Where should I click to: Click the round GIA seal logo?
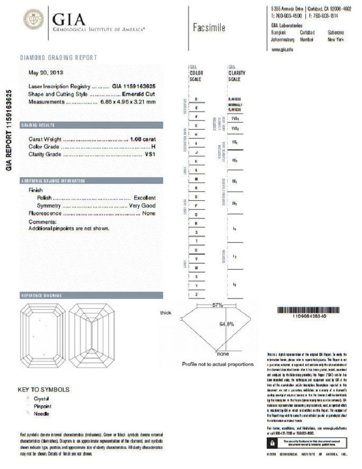click(x=33, y=19)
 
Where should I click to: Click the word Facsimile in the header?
click(x=209, y=28)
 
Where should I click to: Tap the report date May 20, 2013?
click(x=46, y=73)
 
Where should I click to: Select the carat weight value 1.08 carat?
click(x=143, y=139)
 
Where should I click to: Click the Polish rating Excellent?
click(x=144, y=198)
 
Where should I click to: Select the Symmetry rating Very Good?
click(x=142, y=206)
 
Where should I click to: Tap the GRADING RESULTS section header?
click(x=38, y=125)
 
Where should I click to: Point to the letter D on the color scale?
click(x=196, y=99)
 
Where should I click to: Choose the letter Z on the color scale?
click(x=196, y=295)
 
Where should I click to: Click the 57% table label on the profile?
click(x=217, y=305)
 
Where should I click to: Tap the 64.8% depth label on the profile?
click(x=227, y=324)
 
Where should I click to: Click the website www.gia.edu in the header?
click(x=283, y=49)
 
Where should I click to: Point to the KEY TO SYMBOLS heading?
click(x=43, y=390)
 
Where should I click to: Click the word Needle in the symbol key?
click(x=41, y=413)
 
